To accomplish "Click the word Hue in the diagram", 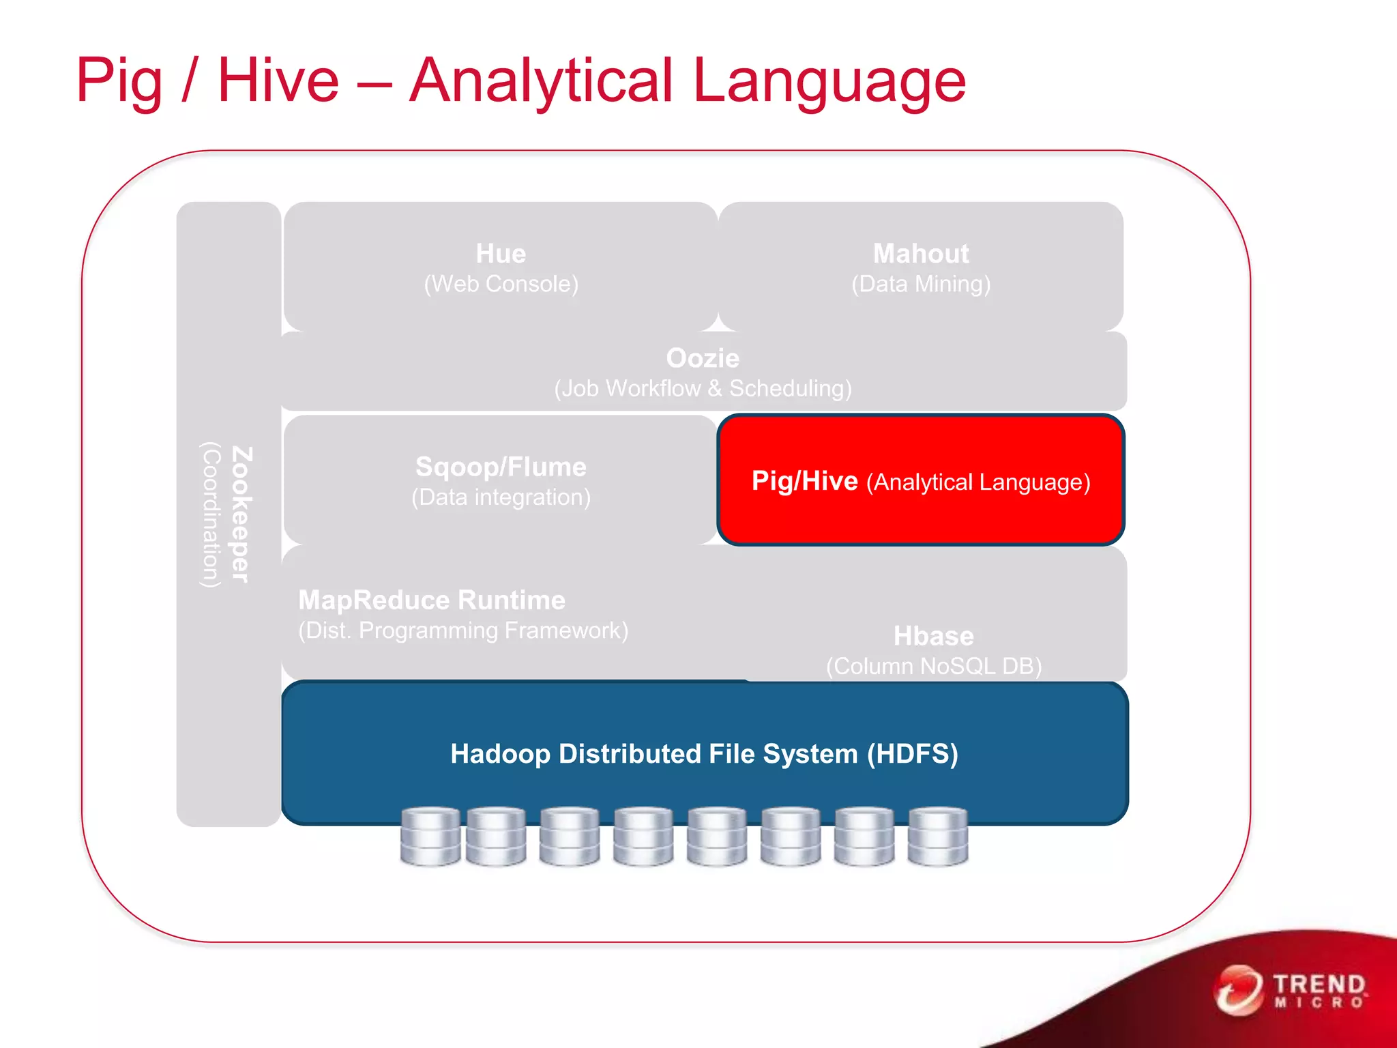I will click(501, 254).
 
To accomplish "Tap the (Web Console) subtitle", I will click(501, 284).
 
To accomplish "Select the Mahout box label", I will click(921, 254).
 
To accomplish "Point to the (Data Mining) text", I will click(921, 284).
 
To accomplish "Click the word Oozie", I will click(703, 358).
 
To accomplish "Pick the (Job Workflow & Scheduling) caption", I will click(703, 388).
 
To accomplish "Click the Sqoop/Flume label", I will click(501, 467).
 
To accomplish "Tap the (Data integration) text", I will click(501, 497).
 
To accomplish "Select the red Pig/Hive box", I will click(921, 481).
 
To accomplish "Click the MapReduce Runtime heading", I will click(432, 600).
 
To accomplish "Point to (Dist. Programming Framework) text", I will click(463, 630).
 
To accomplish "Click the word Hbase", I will click(934, 636).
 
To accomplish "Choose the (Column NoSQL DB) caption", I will click(934, 666).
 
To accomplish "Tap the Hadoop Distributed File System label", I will click(704, 754).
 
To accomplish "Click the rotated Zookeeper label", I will click(242, 514).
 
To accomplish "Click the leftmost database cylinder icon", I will click(430, 836).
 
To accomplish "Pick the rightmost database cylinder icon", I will click(938, 836).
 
